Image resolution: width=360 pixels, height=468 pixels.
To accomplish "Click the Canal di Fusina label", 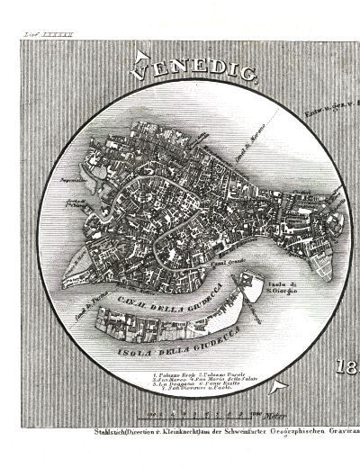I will click(69, 288).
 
